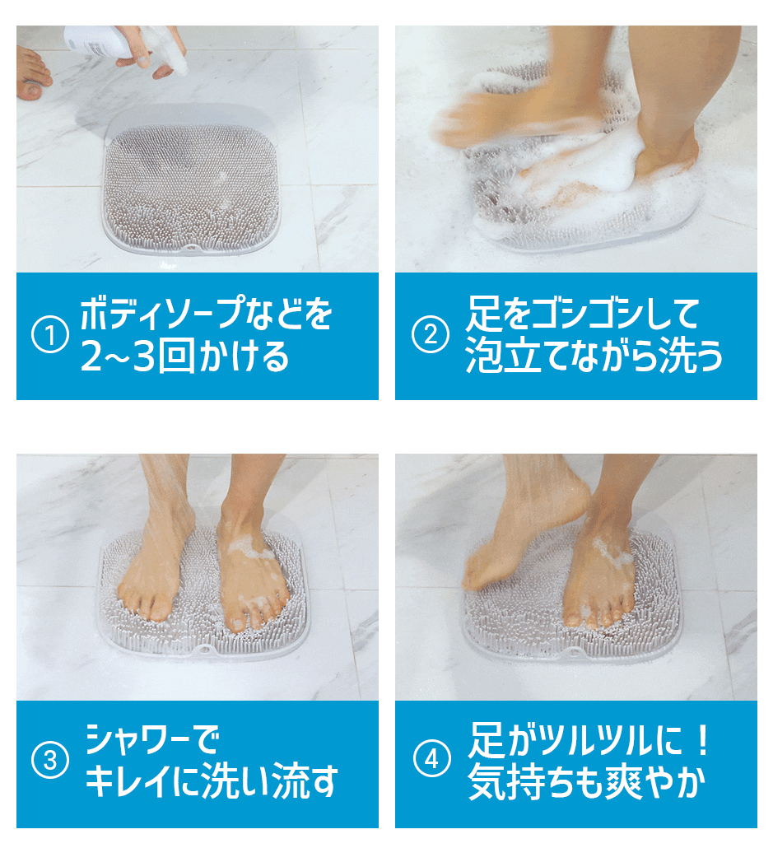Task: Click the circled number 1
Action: [49, 335]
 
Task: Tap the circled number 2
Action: [431, 335]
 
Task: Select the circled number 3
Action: [50, 760]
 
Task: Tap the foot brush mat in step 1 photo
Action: [192, 187]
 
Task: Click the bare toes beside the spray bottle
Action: [34, 74]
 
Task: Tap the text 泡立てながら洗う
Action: [594, 356]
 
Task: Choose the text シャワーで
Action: [152, 739]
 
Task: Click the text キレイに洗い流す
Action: [212, 780]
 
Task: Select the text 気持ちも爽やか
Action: [587, 781]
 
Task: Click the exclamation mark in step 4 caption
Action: [703, 740]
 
